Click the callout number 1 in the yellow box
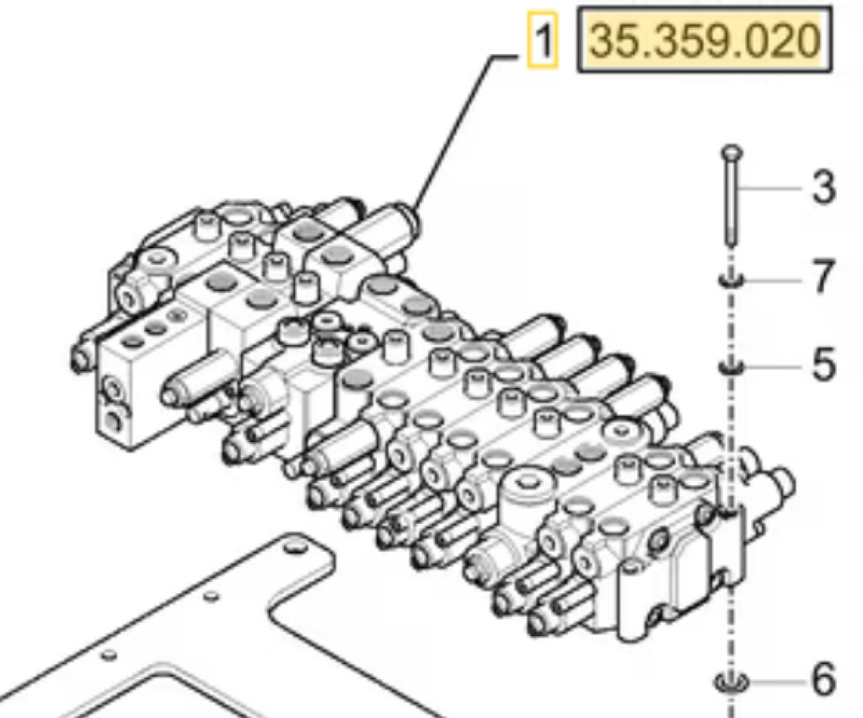click(542, 40)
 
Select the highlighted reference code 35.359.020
click(704, 40)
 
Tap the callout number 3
click(823, 187)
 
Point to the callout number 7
click(823, 277)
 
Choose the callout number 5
click(823, 365)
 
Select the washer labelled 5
click(730, 367)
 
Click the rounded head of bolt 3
click(730, 153)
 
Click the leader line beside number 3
click(771, 187)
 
